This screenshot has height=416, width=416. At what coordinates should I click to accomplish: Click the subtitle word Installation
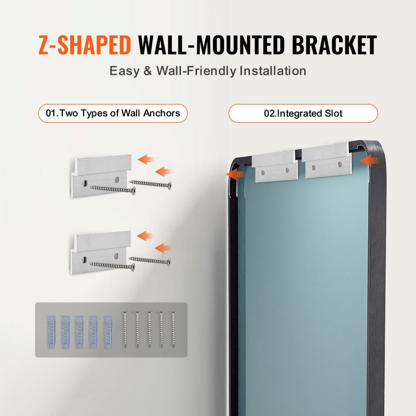coord(272,71)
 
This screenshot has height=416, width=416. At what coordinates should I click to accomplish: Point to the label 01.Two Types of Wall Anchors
coord(113,113)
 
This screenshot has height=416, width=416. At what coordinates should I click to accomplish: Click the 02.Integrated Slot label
coord(303,113)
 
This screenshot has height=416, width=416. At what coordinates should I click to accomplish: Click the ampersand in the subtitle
coord(148,71)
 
